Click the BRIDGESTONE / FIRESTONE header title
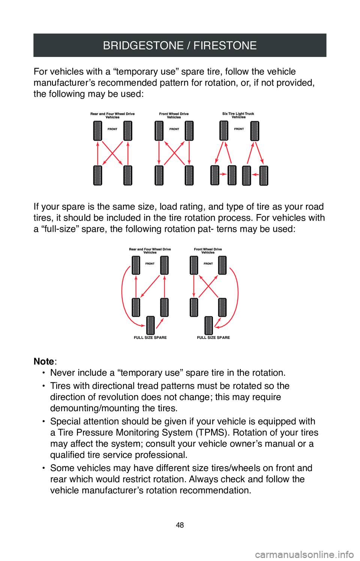[180, 45]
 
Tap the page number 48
[180, 525]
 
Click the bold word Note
[44, 361]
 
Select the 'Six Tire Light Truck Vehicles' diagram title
[238, 115]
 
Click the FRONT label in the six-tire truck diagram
[239, 129]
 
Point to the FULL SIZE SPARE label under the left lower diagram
[150, 337]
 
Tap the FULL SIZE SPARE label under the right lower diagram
[213, 337]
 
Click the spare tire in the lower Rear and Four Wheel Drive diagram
[150, 325]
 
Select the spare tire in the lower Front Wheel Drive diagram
[209, 325]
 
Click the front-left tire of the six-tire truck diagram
[224, 131]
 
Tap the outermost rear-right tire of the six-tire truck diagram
[264, 175]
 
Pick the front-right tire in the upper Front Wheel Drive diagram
[189, 131]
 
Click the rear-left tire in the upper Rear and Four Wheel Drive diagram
[97, 175]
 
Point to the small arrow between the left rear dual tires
[223, 174]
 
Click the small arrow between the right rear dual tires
[255, 174]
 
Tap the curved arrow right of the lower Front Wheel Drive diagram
[235, 296]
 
